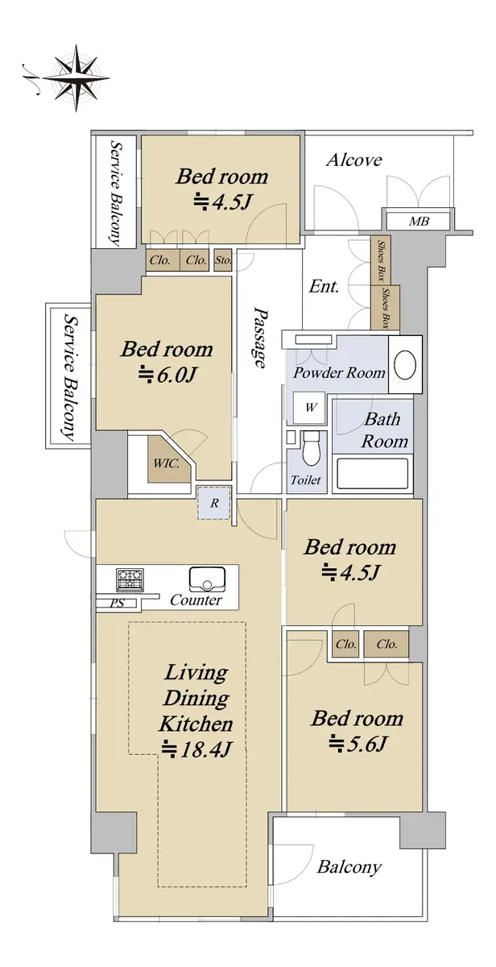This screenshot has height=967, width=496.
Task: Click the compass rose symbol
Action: (76, 78)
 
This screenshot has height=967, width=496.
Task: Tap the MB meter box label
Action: (419, 222)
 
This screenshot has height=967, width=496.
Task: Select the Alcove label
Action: (353, 160)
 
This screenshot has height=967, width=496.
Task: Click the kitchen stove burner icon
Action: (130, 579)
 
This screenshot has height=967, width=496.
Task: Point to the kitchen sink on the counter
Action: (207, 579)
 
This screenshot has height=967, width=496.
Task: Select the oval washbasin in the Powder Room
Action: (404, 365)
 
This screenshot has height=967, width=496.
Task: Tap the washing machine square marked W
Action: (310, 408)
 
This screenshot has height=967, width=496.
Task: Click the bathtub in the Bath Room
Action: (372, 474)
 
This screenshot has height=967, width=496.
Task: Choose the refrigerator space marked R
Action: (214, 503)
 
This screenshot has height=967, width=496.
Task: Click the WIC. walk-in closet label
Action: (167, 463)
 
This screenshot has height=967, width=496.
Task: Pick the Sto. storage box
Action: (223, 260)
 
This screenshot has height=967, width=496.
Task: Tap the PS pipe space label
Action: (117, 603)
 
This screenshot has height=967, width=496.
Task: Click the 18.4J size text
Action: (196, 749)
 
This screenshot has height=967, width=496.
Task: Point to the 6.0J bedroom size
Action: (167, 375)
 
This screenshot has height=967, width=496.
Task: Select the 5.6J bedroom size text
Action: (358, 744)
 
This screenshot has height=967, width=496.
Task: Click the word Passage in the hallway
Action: (259, 338)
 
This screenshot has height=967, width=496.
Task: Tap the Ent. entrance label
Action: (324, 286)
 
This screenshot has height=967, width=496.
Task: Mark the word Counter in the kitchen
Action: (196, 600)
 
